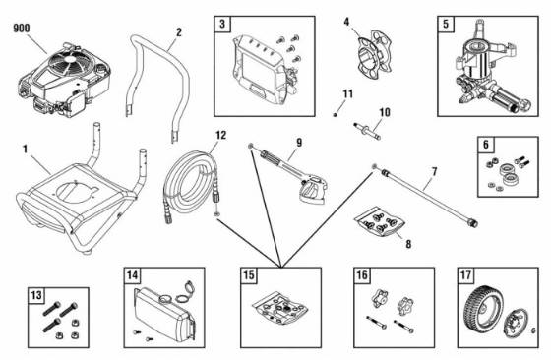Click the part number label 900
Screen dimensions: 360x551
coord(21,27)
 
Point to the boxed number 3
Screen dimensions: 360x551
coord(223,24)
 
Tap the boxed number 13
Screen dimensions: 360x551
coord(36,296)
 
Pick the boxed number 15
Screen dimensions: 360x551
coord(250,275)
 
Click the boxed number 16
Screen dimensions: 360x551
coord(361,275)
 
